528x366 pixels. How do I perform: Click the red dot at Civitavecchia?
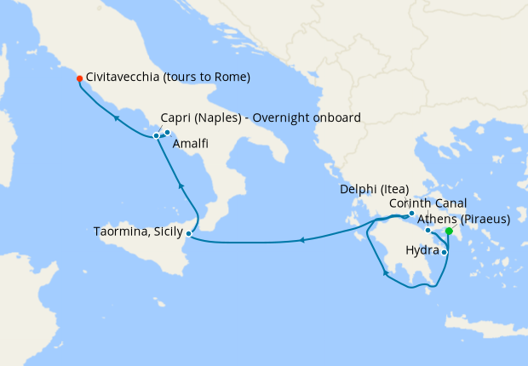coord(79,78)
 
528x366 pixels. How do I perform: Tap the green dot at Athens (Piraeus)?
coord(449,231)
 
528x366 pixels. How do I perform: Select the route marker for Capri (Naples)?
coord(156,135)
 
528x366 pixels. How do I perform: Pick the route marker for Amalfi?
coord(168,132)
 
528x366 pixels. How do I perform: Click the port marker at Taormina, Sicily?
coord(188,232)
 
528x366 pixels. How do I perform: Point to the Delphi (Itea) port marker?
coord(411,214)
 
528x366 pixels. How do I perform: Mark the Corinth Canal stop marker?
coord(428,230)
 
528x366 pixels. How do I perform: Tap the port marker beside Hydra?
coord(444,252)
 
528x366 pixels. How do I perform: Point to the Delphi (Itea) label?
coord(376,189)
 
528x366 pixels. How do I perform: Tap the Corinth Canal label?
coord(428,204)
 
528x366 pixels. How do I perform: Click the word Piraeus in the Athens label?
coord(484,220)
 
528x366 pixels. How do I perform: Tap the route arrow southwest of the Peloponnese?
coord(386,273)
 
